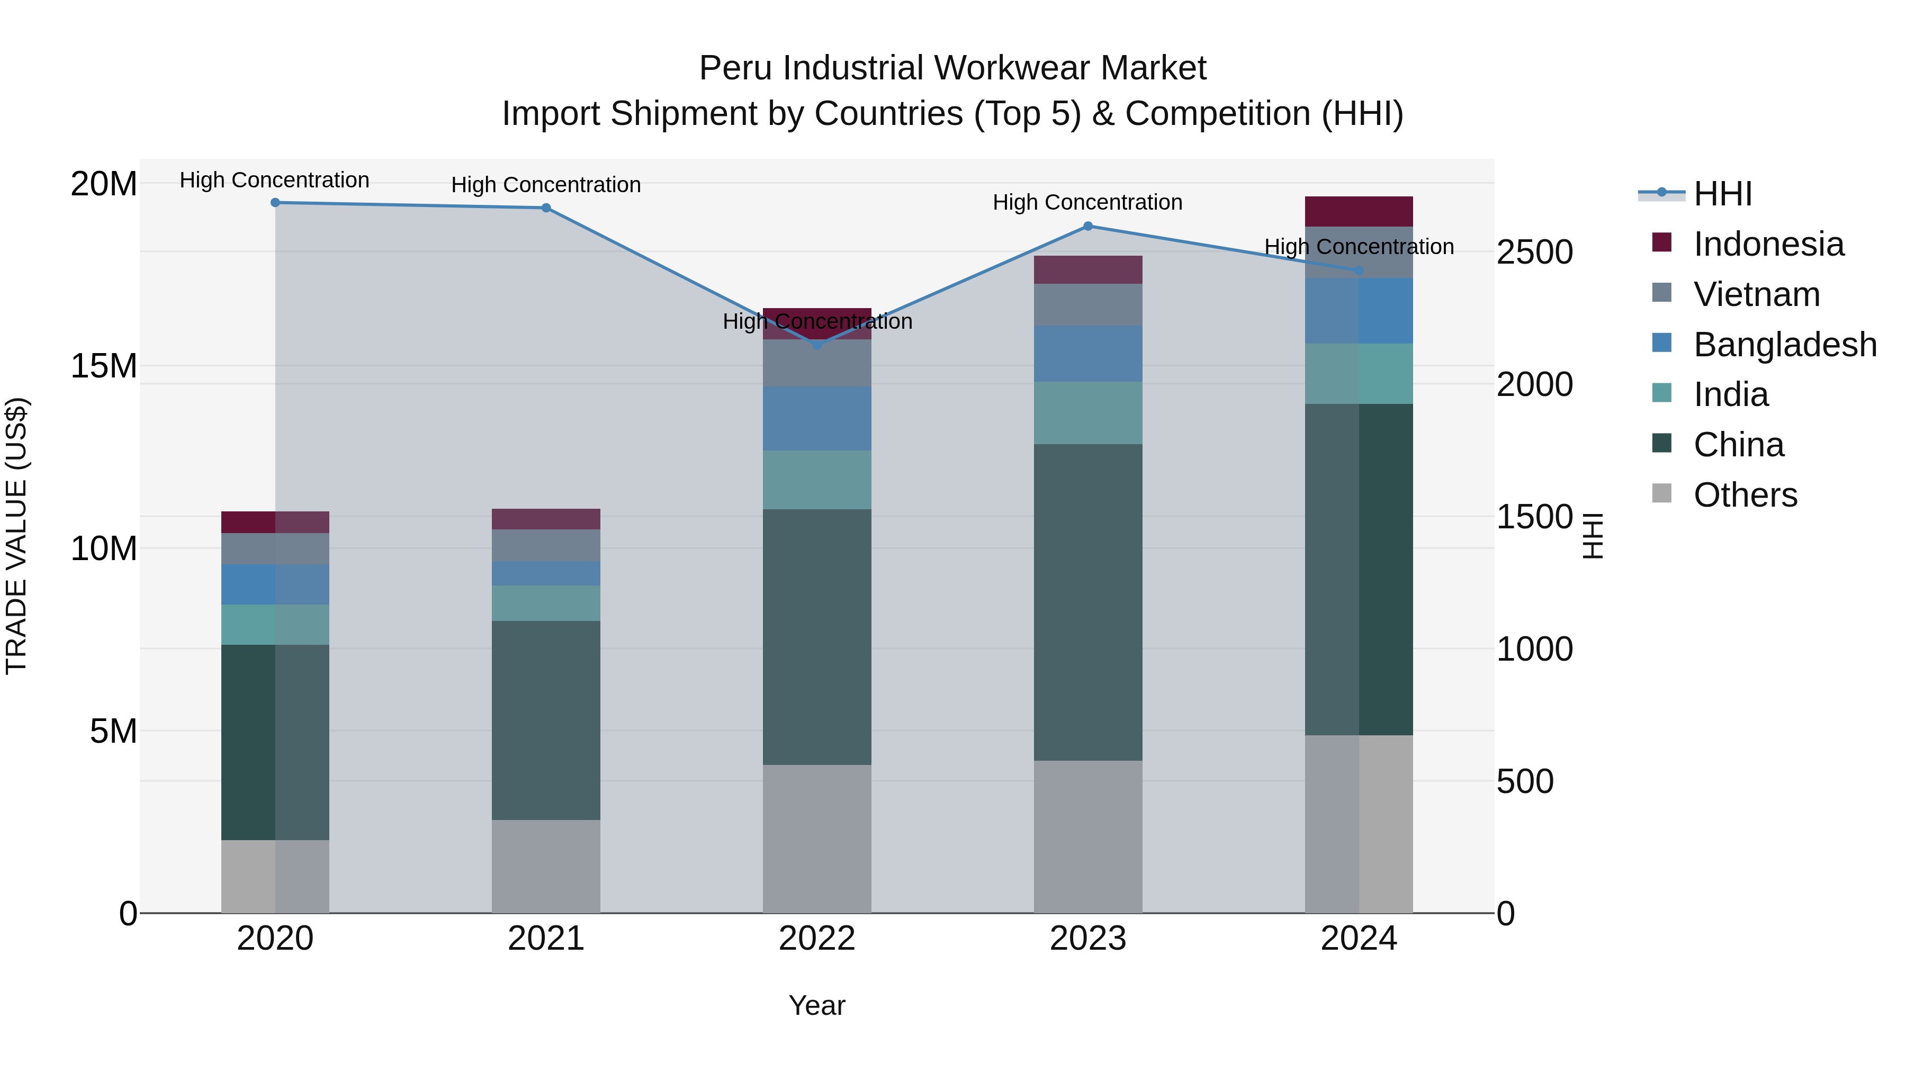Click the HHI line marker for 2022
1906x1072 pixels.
[817, 345]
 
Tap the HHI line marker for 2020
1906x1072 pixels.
[275, 203]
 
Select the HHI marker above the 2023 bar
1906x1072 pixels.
[1087, 227]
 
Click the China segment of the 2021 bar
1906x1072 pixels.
[546, 720]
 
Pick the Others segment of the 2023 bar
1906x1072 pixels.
[1087, 837]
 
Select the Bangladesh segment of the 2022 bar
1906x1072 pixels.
[817, 419]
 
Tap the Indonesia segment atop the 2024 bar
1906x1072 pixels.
[1359, 212]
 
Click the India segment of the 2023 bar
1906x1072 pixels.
[1087, 413]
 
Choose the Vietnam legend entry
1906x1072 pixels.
[1757, 294]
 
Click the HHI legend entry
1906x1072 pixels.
[1722, 194]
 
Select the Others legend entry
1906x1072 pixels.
[1745, 495]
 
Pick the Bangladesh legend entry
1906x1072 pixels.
[1785, 345]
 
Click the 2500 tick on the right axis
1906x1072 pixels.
[1534, 253]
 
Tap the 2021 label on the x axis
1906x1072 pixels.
[546, 939]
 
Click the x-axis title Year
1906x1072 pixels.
[817, 1005]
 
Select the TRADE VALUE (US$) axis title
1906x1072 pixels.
[16, 536]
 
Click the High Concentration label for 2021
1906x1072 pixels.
[546, 185]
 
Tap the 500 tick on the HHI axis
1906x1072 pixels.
[1525, 782]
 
